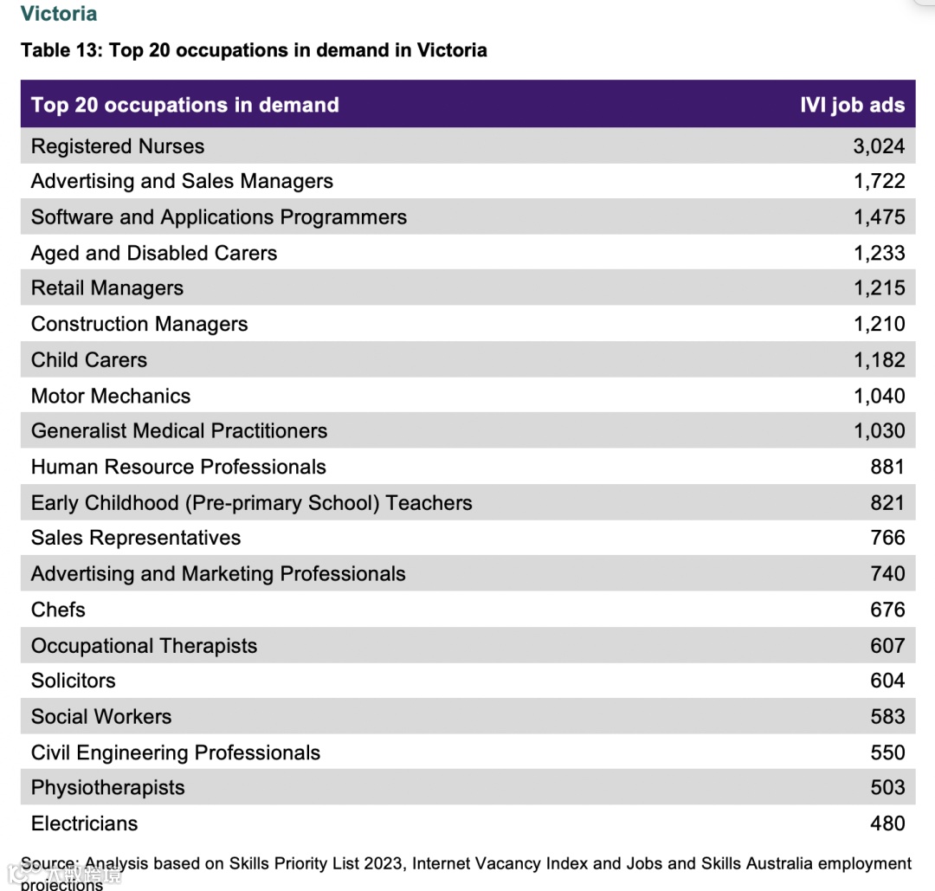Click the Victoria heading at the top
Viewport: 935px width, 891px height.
59,14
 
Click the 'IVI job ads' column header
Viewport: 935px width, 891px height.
852,106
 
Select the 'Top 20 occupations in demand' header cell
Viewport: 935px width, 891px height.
184,106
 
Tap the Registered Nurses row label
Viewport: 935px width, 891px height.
118,146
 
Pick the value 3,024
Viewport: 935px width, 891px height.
879,146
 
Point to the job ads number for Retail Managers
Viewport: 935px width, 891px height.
879,288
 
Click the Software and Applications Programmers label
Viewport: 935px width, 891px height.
218,217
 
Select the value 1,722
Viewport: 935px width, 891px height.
879,182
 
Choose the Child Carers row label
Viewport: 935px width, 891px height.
89,360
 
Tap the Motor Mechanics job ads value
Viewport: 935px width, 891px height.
879,397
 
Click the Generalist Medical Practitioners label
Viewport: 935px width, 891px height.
179,431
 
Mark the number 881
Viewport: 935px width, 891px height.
887,468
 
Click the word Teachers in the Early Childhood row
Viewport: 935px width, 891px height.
429,503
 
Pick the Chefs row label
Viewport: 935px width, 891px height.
58,610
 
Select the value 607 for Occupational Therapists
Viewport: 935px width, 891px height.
887,646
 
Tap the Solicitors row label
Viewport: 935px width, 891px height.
73,681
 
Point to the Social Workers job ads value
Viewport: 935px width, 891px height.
887,717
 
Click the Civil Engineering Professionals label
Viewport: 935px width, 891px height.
176,753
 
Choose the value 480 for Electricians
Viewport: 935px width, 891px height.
887,823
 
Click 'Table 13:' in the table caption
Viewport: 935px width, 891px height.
61,50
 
